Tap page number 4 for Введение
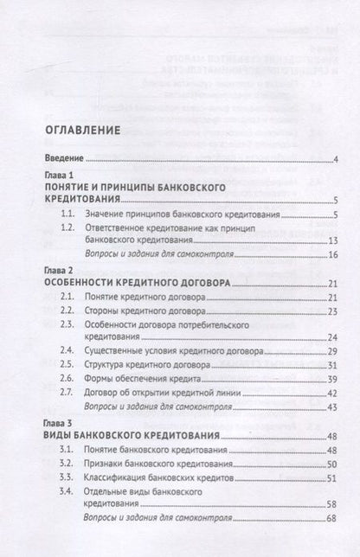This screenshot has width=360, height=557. pyautogui.click(x=334, y=159)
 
